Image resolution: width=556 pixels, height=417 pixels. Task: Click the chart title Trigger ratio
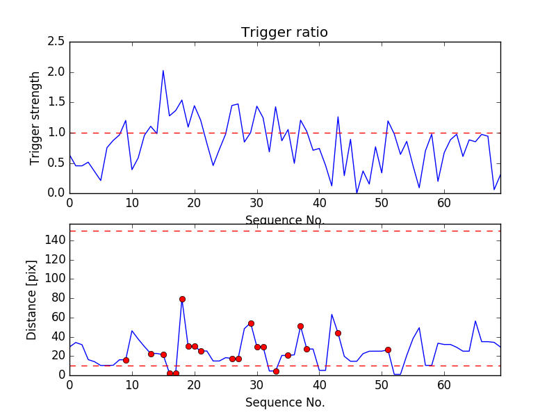coord(284,33)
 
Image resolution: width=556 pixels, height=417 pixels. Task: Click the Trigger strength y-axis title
coord(35,117)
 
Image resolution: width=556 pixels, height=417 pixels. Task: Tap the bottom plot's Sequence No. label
coord(284,402)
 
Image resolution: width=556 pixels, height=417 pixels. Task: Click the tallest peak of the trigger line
coord(163,70)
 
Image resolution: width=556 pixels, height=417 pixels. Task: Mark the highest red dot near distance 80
coord(182,299)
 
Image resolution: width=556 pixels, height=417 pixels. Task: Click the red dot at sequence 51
coord(388,350)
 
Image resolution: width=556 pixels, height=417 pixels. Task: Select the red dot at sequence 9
coord(126,360)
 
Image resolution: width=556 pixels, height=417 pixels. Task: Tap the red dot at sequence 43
coord(338,333)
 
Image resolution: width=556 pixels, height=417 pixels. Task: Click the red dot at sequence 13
coord(151,354)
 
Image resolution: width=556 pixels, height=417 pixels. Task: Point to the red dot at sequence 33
coord(276,371)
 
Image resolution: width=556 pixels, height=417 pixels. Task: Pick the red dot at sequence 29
coord(251,323)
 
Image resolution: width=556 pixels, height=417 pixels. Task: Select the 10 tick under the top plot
coord(132,204)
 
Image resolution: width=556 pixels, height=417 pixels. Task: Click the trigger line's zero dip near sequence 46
coord(357,193)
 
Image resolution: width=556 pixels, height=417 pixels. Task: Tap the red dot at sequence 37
coord(300,326)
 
